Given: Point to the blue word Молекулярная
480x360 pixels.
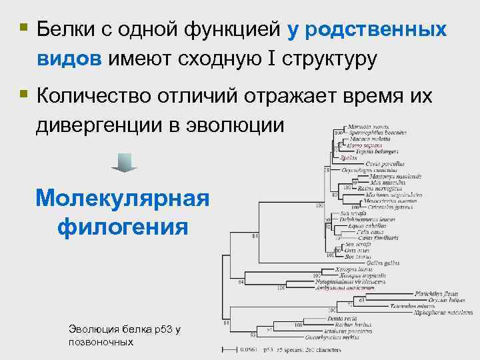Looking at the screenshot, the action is click(123, 198).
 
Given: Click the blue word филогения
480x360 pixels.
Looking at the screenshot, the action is click(123, 227).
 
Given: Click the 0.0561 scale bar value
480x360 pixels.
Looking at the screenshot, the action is click(248, 349).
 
